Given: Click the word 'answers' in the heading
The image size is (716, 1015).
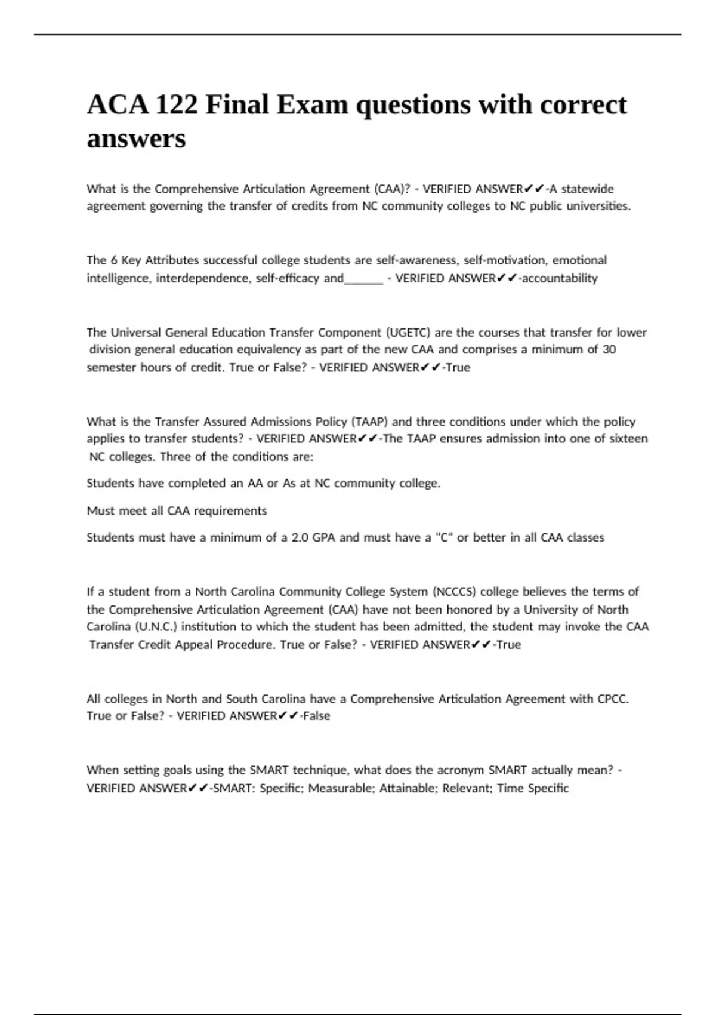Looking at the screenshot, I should (x=136, y=139).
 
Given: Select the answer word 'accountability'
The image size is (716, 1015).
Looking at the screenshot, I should (x=560, y=278).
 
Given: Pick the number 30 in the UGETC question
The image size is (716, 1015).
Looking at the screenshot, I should (x=609, y=349).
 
